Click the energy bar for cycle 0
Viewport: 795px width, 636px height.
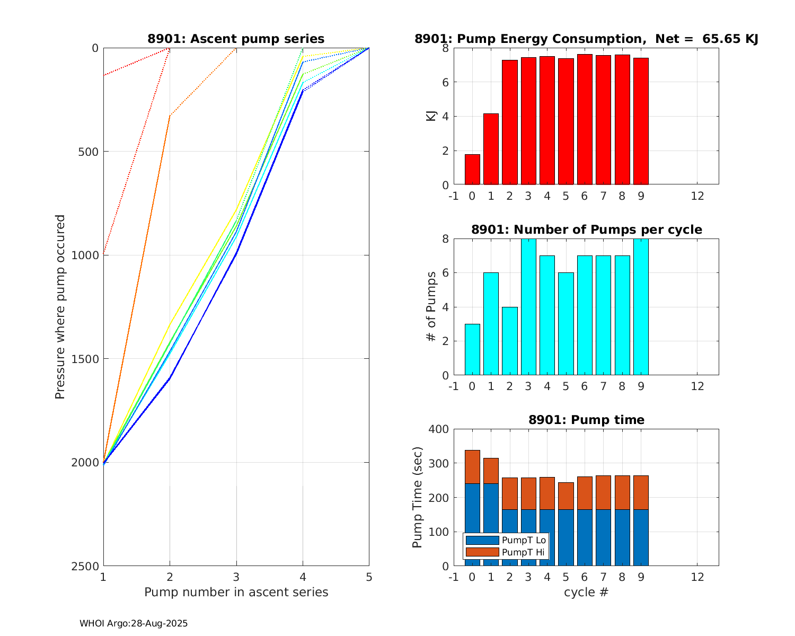click(x=472, y=170)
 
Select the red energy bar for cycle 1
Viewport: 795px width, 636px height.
click(x=491, y=149)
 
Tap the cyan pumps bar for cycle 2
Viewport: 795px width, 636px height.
click(x=510, y=341)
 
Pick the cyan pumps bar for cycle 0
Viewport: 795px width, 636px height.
click(x=472, y=349)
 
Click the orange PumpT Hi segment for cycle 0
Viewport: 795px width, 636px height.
click(x=472, y=467)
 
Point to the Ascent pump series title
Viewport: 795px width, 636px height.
click(x=236, y=39)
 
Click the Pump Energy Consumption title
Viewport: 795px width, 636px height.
click(x=586, y=39)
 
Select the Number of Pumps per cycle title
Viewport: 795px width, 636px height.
click(x=586, y=229)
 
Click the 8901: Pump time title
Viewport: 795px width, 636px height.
click(x=586, y=420)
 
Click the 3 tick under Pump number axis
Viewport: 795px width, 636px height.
click(x=236, y=577)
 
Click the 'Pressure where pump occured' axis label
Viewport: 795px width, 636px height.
click(x=60, y=306)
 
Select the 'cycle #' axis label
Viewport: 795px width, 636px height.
click(x=586, y=592)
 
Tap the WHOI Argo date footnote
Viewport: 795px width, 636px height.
click(x=134, y=624)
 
